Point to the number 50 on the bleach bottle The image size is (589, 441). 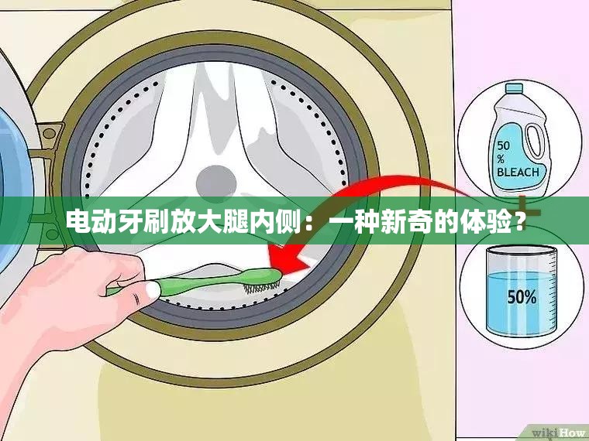click(505, 145)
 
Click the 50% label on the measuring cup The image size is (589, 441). click(521, 297)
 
